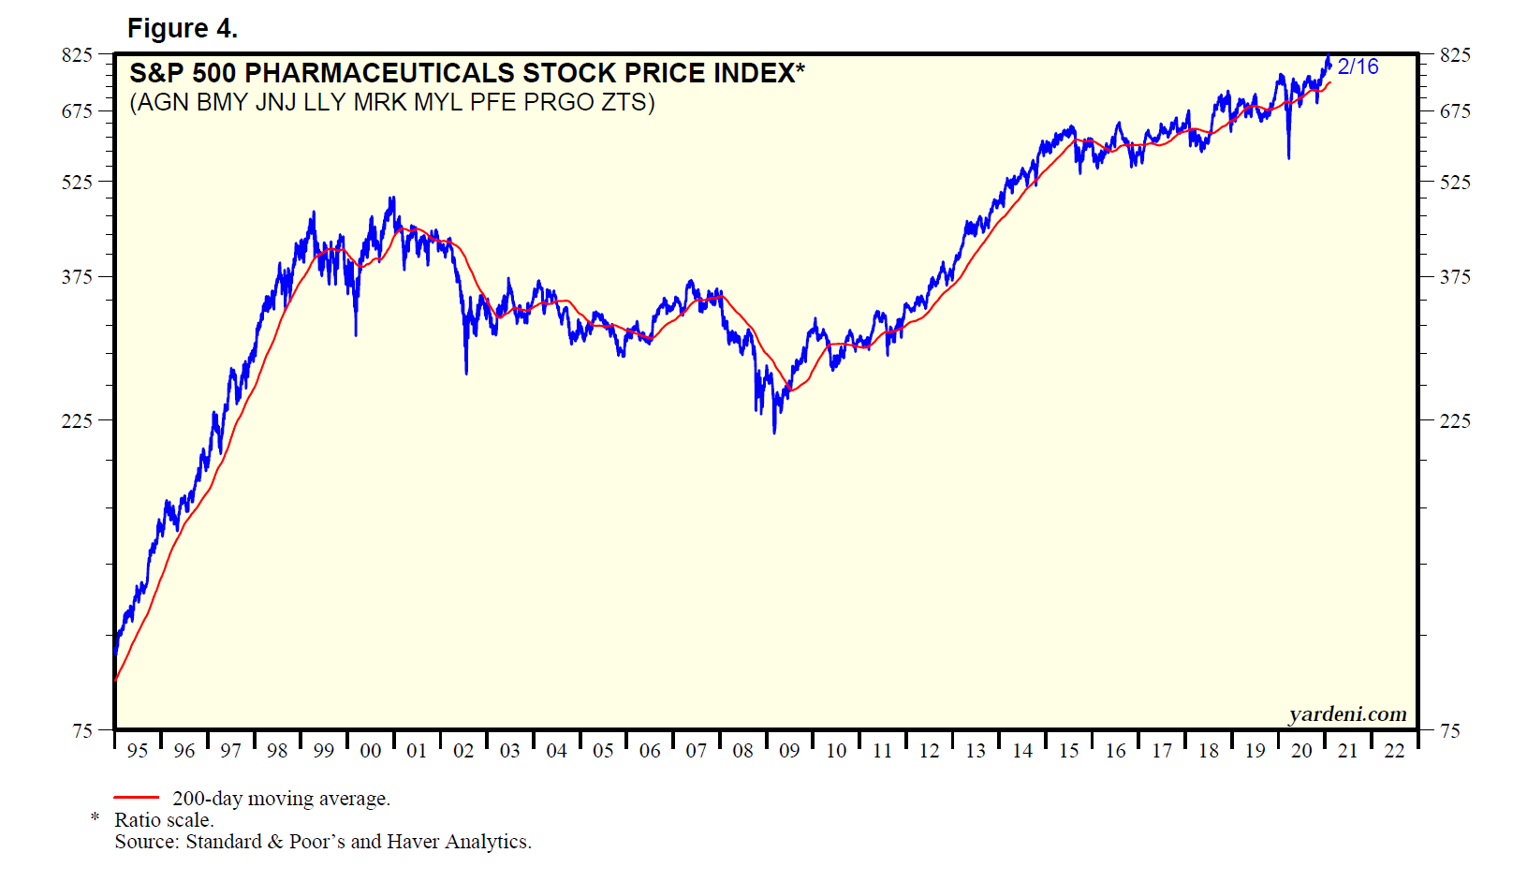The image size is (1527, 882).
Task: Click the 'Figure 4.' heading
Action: pyautogui.click(x=182, y=29)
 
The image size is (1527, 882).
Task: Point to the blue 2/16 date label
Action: pyautogui.click(x=1358, y=66)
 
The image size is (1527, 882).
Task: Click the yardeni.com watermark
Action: pyautogui.click(x=1347, y=714)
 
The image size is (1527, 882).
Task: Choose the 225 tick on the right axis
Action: pyautogui.click(x=1455, y=421)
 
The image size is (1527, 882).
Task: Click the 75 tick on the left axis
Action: pyautogui.click(x=82, y=731)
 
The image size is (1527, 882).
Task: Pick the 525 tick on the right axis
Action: pyautogui.click(x=1455, y=183)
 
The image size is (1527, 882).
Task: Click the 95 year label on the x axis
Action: pyautogui.click(x=138, y=751)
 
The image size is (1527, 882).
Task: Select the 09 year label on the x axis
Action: pyautogui.click(x=789, y=751)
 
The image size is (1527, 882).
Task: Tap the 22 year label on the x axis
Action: pyautogui.click(x=1394, y=751)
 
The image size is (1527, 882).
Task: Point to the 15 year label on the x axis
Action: pyautogui.click(x=1068, y=751)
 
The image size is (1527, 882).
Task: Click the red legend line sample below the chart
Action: pyautogui.click(x=136, y=798)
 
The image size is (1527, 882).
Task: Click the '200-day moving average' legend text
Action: pyautogui.click(x=281, y=799)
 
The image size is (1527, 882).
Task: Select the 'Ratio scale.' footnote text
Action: pyautogui.click(x=164, y=820)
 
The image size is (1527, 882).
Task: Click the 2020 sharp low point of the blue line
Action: pyautogui.click(x=1288, y=157)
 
